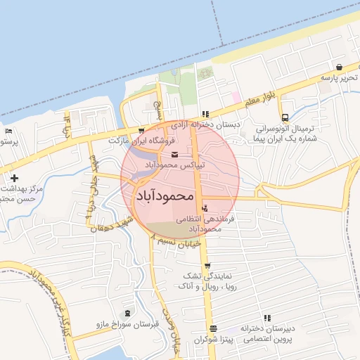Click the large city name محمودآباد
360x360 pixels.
[x=163, y=195]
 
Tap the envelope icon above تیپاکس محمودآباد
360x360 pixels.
[x=174, y=155]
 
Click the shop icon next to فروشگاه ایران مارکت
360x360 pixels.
[x=141, y=131]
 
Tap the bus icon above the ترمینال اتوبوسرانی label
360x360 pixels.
[x=285, y=118]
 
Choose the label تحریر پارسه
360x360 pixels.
[x=335, y=77]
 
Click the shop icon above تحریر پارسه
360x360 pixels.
[x=340, y=67]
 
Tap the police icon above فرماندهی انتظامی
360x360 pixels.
[x=205, y=208]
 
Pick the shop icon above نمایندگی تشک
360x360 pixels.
[x=207, y=265]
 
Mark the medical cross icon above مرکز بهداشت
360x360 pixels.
[x=14, y=178]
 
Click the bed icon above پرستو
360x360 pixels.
[x=8, y=131]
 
